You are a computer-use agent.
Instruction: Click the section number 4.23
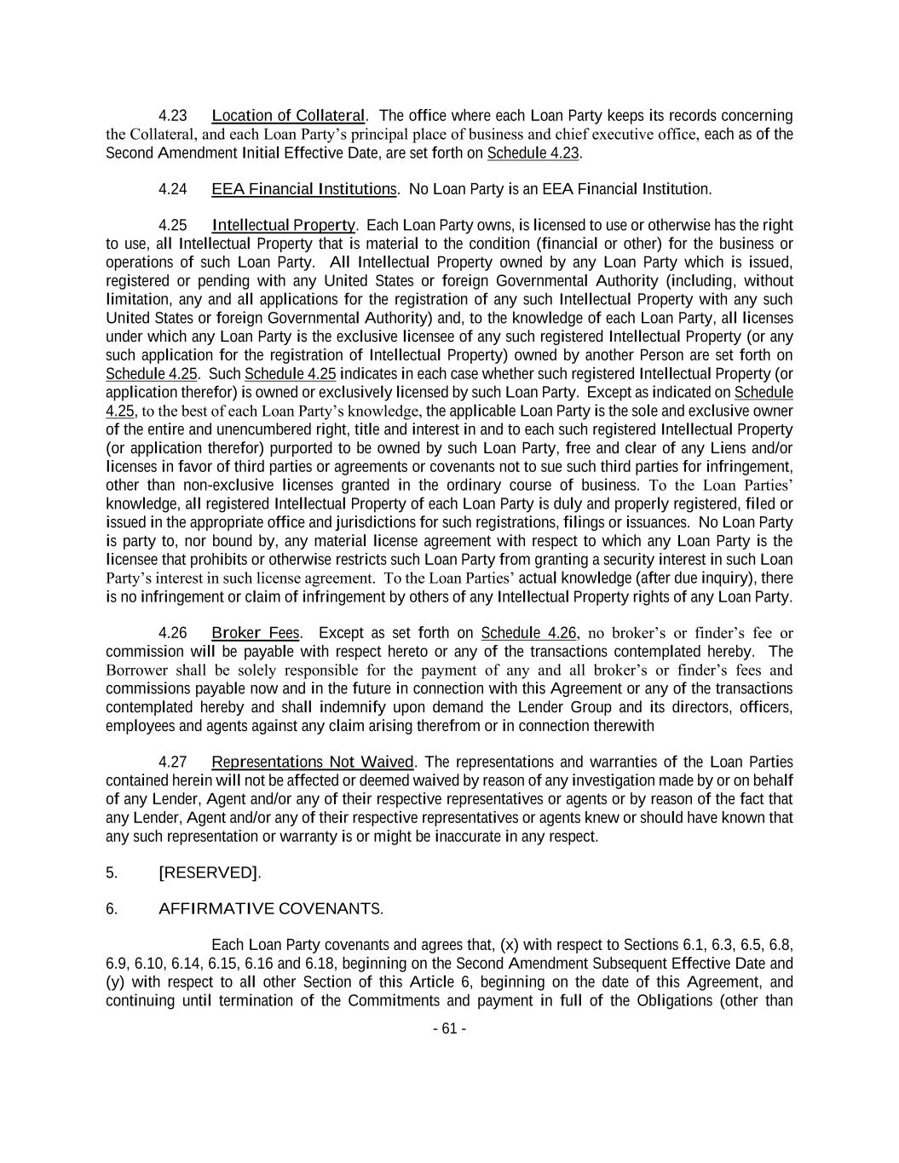[173, 116]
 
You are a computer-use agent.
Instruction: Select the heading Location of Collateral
[288, 116]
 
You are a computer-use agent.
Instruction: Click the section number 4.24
[173, 189]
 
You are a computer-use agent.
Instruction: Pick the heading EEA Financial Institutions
[303, 189]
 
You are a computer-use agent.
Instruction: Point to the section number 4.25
[173, 226]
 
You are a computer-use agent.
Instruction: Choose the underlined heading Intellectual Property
[284, 226]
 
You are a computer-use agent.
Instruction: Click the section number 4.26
[173, 633]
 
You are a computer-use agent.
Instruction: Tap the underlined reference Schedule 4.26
[529, 633]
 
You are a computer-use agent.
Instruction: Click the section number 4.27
[173, 763]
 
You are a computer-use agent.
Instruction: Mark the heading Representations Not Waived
[312, 763]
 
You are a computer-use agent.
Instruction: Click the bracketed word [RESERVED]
[209, 873]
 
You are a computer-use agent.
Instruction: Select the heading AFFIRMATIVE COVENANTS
[270, 909]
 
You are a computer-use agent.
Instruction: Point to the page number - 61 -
[449, 1029]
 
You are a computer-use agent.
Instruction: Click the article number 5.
[111, 873]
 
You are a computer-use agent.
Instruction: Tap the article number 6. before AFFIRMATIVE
[111, 909]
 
